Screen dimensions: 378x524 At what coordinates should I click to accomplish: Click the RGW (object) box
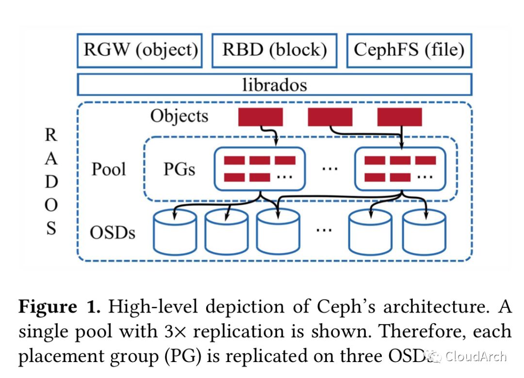[140, 50]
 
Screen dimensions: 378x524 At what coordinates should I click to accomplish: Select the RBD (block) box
[275, 50]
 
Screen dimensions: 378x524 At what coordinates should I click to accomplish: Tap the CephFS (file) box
[409, 50]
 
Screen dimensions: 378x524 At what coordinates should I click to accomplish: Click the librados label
[275, 85]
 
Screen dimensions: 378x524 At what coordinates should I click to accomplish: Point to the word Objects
[179, 117]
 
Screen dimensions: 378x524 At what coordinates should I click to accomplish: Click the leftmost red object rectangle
[260, 117]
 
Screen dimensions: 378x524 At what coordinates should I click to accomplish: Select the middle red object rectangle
[330, 117]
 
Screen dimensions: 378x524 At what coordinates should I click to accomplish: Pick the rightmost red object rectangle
[399, 117]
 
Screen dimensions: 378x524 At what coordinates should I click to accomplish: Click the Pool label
[109, 169]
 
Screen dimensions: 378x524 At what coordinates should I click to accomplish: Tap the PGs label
[179, 170]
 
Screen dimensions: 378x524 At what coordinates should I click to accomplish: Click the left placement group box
[260, 168]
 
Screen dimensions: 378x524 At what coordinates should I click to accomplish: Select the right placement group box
[400, 168]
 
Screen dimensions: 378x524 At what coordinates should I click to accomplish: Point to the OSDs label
[113, 233]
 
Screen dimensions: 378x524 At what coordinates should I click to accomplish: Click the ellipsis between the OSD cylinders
[323, 229]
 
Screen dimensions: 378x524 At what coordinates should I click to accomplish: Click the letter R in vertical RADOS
[51, 136]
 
